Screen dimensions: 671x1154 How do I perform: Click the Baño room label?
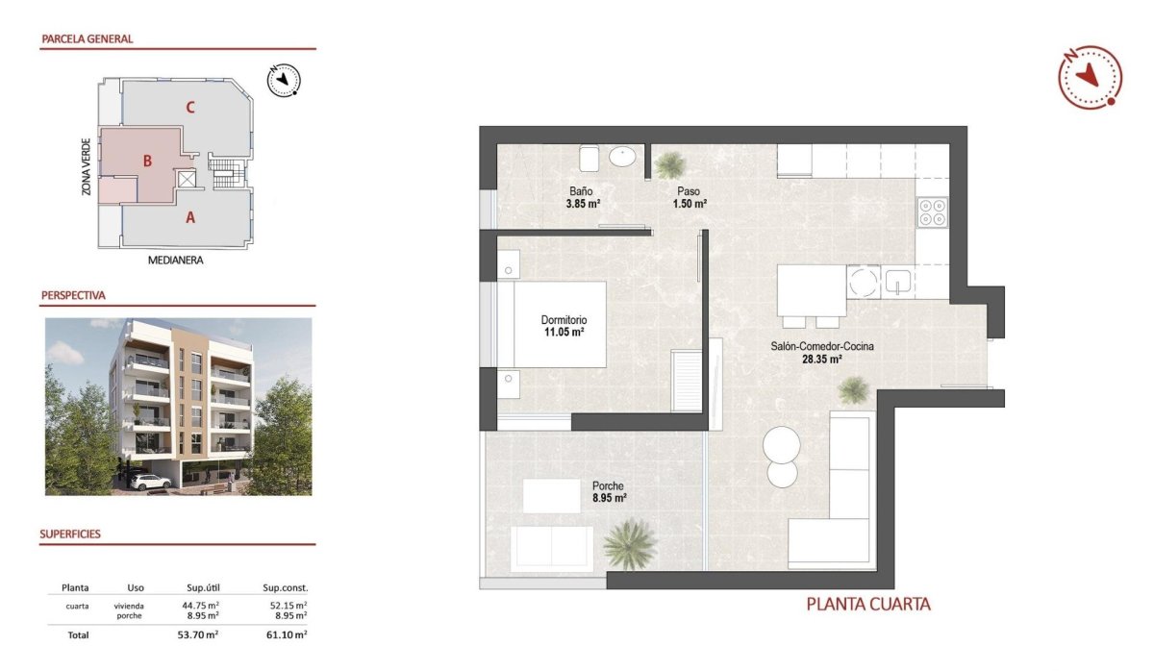pyautogui.click(x=579, y=190)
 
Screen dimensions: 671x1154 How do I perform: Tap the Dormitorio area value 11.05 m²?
pyautogui.click(x=564, y=333)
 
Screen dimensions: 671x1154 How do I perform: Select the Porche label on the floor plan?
pyautogui.click(x=608, y=485)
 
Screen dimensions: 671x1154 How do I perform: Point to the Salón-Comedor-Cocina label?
pyautogui.click(x=821, y=346)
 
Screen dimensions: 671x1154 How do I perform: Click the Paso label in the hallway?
pyautogui.click(x=687, y=190)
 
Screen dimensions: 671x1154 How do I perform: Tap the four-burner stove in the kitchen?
pyautogui.click(x=933, y=211)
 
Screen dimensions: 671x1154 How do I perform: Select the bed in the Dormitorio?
pyautogui.click(x=552, y=324)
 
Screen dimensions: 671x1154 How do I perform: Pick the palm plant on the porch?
pyautogui.click(x=630, y=544)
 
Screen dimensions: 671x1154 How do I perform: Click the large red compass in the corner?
pyautogui.click(x=1090, y=76)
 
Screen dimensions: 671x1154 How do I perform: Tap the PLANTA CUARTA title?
pyautogui.click(x=868, y=605)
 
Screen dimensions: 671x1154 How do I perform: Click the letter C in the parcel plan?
pyautogui.click(x=190, y=107)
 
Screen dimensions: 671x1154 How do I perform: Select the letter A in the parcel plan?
pyautogui.click(x=190, y=218)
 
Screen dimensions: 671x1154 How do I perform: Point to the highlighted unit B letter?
pyautogui.click(x=147, y=162)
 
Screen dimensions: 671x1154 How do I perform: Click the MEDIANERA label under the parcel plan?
pyautogui.click(x=177, y=260)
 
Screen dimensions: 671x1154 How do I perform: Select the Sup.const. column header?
pyautogui.click(x=285, y=587)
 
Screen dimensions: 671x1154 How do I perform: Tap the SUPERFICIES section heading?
pyautogui.click(x=70, y=534)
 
